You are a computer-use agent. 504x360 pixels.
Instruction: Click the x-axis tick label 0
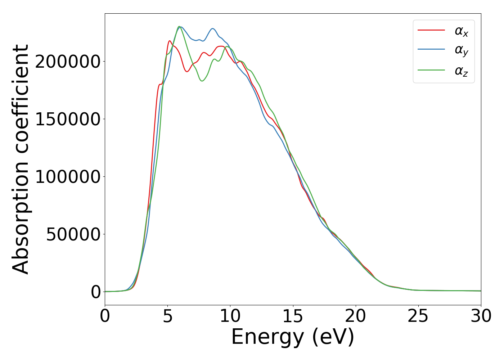pyautogui.click(x=105, y=316)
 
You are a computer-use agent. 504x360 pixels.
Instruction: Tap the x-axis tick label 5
pyautogui.click(x=167, y=316)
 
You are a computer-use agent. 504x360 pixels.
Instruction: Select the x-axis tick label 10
pyautogui.click(x=230, y=316)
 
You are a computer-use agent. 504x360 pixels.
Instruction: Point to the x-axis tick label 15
pyautogui.click(x=293, y=316)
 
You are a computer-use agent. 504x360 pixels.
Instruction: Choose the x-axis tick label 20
pyautogui.click(x=355, y=316)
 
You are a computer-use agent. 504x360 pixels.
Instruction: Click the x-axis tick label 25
pyautogui.click(x=418, y=316)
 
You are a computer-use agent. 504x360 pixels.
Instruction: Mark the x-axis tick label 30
pyautogui.click(x=481, y=316)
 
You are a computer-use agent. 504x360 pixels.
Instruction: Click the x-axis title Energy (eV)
pyautogui.click(x=293, y=337)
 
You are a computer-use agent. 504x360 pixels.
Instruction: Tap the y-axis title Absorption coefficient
pyautogui.click(x=21, y=159)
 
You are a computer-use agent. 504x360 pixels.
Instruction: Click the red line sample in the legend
pyautogui.click(x=431, y=30)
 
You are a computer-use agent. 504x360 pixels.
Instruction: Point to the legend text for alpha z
pyautogui.click(x=461, y=71)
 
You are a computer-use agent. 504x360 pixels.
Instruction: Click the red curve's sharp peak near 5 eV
pyautogui.click(x=170, y=41)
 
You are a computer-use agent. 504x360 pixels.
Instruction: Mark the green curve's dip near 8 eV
pyautogui.click(x=202, y=81)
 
